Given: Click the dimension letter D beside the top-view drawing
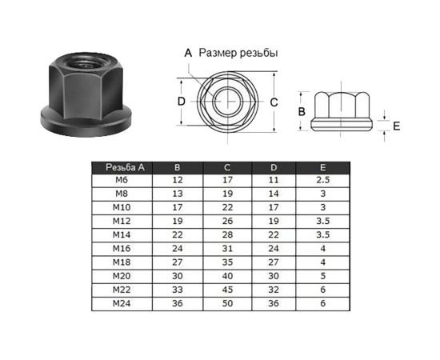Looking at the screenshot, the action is tap(182, 102).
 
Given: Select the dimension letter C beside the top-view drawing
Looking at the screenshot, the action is tap(274, 102).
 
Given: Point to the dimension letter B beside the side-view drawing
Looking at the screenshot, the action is tap(302, 111).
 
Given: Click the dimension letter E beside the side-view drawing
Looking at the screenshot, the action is tap(396, 126).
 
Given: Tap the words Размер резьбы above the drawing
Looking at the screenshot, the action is tap(238, 53).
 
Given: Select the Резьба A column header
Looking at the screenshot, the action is tap(125, 167).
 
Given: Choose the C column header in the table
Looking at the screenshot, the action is tap(227, 167).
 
